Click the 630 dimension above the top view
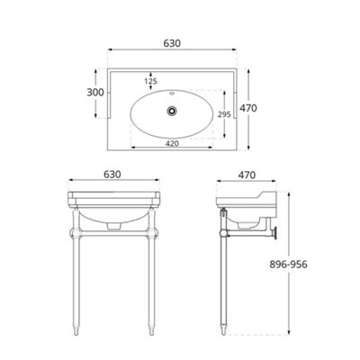pyautogui.click(x=172, y=43)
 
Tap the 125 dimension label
pyautogui.click(x=150, y=81)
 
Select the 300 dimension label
pyautogui.click(x=95, y=93)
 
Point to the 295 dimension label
pyautogui.click(x=224, y=114)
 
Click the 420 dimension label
pyautogui.click(x=172, y=144)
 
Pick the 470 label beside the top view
pyautogui.click(x=248, y=108)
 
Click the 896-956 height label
pyautogui.click(x=288, y=265)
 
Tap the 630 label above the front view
pyautogui.click(x=112, y=175)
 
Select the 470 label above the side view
pyautogui.click(x=247, y=175)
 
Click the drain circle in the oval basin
pyautogui.click(x=172, y=111)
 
